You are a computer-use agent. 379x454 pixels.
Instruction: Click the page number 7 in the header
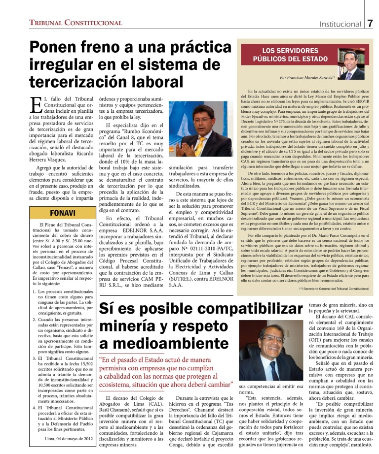[370, 23]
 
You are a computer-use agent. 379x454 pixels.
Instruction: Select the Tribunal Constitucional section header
[76, 23]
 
